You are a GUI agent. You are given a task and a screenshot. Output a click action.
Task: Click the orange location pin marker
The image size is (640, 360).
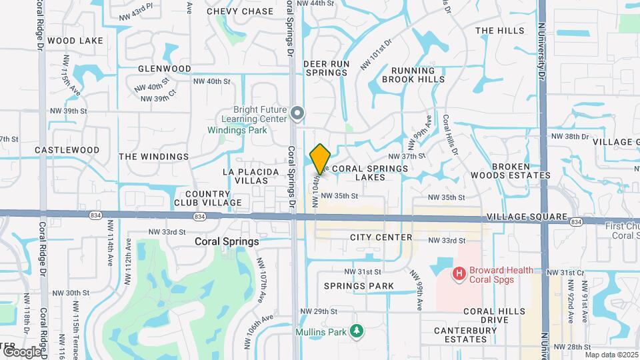coord(320,159)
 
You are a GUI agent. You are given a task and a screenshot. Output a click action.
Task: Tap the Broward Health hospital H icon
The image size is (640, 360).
coord(459,273)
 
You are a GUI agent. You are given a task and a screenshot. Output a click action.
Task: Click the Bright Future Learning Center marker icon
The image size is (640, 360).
coord(297,114)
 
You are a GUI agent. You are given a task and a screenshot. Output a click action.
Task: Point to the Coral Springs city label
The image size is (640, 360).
coord(227,241)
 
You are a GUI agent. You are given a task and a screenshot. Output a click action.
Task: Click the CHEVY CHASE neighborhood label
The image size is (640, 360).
coord(240,11)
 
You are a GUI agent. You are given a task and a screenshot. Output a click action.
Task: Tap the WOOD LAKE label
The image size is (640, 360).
coord(75,41)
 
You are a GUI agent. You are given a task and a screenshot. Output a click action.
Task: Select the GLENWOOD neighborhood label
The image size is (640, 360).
coord(165,69)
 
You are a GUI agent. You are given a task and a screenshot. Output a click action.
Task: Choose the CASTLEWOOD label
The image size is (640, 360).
coord(67,151)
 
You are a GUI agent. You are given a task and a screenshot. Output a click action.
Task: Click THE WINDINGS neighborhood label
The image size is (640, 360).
coord(154,157)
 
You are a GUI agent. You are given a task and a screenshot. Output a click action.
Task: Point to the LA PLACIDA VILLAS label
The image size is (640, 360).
coord(251,176)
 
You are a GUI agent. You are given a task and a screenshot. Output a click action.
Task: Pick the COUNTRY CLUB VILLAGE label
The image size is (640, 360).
coord(208,198)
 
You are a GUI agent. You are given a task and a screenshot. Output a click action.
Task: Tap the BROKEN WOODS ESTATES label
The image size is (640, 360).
coord(520,171)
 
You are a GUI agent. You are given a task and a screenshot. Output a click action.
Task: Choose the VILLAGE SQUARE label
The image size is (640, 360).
coord(527,218)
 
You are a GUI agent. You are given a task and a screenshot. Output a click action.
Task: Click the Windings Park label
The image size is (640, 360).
coord(237,130)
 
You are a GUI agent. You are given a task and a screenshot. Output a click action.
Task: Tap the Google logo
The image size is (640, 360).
coord(22,351)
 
